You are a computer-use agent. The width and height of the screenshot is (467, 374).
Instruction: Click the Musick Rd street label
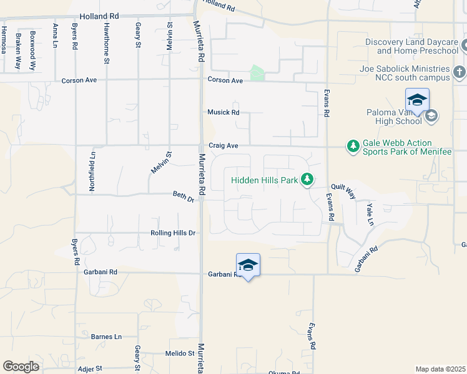(223, 112)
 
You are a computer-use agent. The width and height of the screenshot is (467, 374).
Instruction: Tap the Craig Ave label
(223, 145)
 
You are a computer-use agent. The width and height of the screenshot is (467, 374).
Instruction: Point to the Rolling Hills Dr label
(173, 233)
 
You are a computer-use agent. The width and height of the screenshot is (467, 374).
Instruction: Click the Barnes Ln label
(106, 337)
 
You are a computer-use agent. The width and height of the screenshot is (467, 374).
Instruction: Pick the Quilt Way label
(343, 190)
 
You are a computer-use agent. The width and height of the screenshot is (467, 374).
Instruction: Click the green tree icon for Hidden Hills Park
(307, 180)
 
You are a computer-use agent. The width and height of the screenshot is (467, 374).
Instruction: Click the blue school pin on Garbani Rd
(248, 266)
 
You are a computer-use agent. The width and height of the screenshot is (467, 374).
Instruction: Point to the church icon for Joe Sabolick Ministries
(460, 69)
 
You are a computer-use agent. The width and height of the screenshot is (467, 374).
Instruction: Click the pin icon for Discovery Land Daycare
(465, 46)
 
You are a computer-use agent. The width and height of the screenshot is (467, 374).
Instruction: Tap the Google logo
(21, 367)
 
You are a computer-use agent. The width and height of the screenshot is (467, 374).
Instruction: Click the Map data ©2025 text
(440, 369)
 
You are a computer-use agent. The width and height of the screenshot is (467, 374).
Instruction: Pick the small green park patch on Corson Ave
(257, 74)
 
